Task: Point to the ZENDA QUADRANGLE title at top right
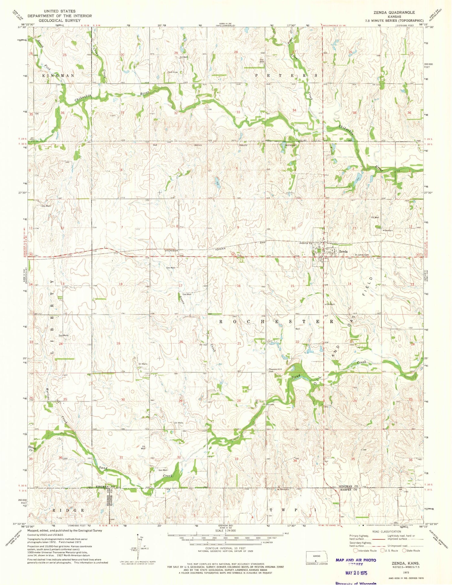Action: point(394,12)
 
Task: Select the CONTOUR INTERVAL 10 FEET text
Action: point(225,548)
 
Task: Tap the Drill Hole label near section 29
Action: point(173,72)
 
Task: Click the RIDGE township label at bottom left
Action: point(68,510)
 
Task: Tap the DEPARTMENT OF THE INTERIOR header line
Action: point(59,16)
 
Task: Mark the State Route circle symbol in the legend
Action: point(404,550)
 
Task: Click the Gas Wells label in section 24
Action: point(63,335)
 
